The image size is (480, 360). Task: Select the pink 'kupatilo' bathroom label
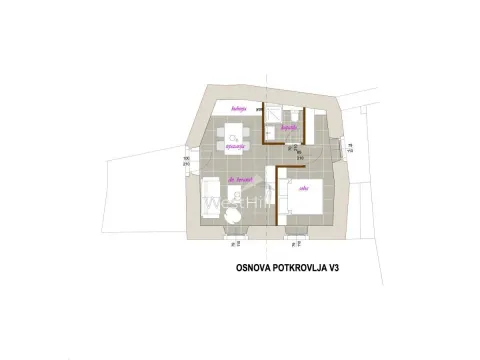point(289,128)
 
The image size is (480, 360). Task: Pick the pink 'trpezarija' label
point(236,146)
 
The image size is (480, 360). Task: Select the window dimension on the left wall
point(187,160)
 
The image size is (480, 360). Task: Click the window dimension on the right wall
point(349,147)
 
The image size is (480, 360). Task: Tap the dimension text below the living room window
point(237,242)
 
